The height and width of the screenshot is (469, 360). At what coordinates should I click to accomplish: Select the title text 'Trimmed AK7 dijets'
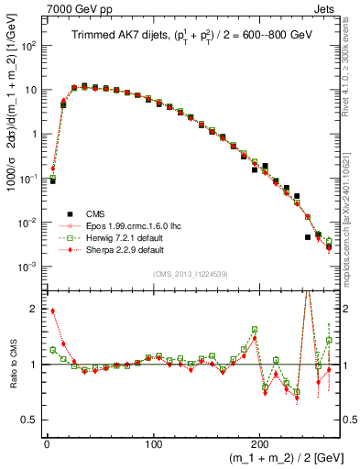click(113, 36)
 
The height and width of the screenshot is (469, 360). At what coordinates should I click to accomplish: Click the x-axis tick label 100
click(153, 442)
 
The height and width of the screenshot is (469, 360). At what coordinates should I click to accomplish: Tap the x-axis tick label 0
click(47, 442)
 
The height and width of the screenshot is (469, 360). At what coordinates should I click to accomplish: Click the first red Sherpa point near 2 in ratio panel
click(53, 311)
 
